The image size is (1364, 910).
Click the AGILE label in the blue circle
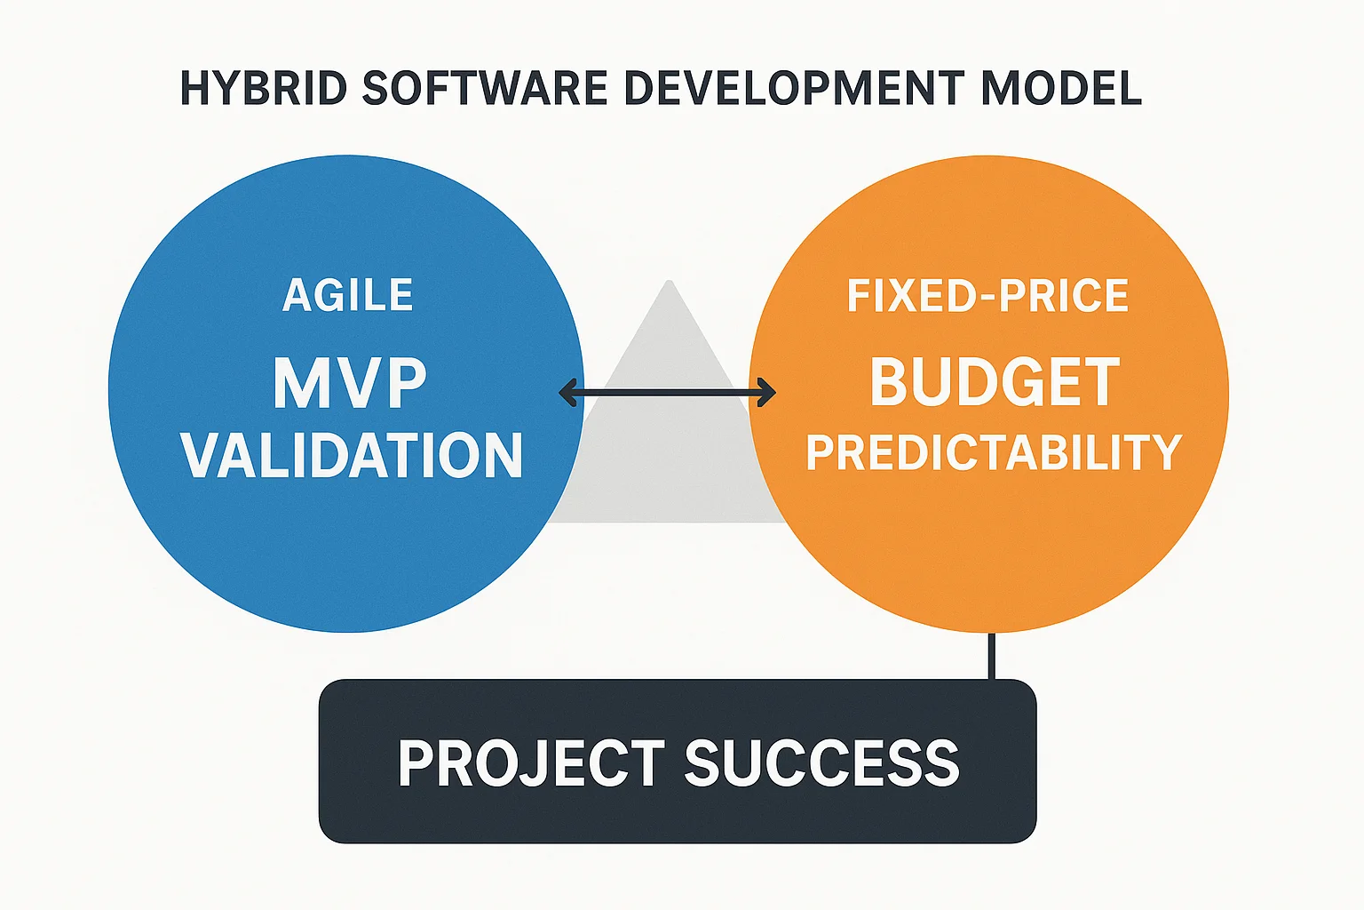click(348, 295)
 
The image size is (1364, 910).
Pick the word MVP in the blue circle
click(349, 384)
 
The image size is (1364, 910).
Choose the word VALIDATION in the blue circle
click(352, 455)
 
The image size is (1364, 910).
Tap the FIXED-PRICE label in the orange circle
click(987, 295)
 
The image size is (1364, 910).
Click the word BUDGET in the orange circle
click(995, 382)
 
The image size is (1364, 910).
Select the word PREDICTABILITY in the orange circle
click(994, 452)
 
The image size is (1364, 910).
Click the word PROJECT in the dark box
click(531, 762)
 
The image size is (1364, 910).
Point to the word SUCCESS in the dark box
click(822, 762)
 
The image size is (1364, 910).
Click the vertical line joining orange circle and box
click(992, 656)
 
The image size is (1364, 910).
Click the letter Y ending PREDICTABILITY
click(1165, 452)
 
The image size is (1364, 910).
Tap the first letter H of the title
click(194, 88)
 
